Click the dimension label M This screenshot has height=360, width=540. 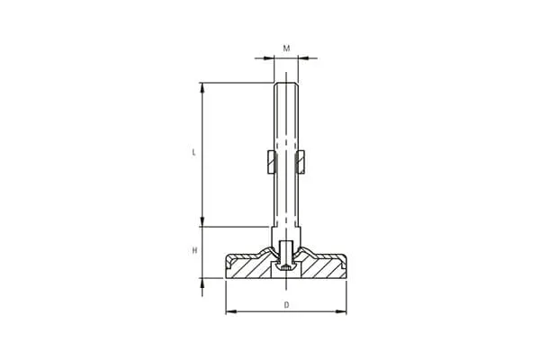[x=286, y=49]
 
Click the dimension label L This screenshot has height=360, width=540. [x=194, y=152]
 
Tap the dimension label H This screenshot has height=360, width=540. [x=194, y=250]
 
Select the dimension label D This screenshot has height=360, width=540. [x=286, y=305]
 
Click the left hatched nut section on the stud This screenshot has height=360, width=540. [x=272, y=162]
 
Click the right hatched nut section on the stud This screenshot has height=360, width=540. [x=301, y=162]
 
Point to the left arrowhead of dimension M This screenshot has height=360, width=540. [x=268, y=58]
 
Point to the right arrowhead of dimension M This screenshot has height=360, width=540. [x=303, y=58]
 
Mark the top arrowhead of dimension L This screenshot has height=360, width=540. [x=202, y=88]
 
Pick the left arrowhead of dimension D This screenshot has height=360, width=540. [x=231, y=311]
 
